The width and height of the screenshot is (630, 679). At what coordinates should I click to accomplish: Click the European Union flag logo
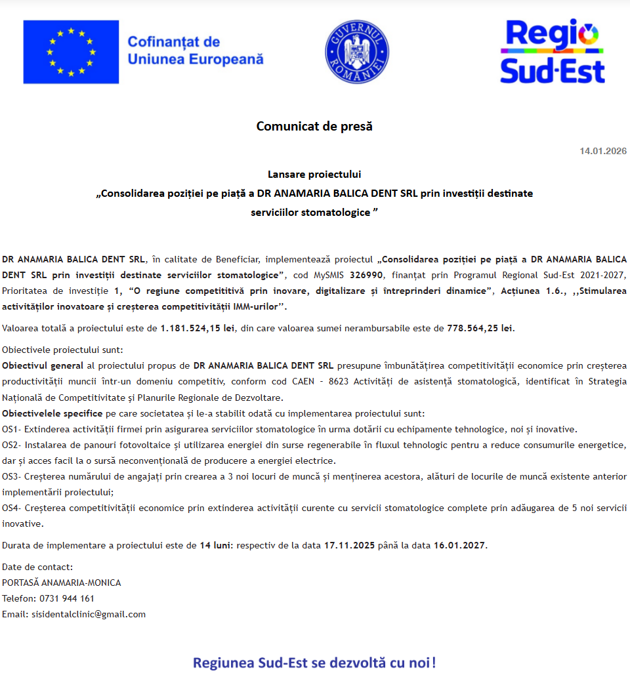click(x=71, y=52)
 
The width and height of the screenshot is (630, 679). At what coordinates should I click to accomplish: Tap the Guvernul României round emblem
click(x=357, y=51)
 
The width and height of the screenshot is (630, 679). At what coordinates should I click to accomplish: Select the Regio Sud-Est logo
click(x=552, y=52)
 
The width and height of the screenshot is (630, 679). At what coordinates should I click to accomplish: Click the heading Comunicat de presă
click(x=314, y=126)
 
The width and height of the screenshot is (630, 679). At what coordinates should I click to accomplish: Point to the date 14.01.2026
click(x=602, y=151)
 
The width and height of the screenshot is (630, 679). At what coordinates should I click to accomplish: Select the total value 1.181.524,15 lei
click(x=197, y=328)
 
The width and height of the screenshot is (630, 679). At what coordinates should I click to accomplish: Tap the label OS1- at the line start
click(x=12, y=429)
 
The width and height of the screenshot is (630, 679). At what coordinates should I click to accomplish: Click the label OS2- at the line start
click(x=12, y=445)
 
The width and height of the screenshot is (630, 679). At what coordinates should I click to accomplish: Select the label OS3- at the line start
click(x=12, y=476)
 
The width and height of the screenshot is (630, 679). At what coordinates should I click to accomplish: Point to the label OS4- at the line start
click(x=12, y=508)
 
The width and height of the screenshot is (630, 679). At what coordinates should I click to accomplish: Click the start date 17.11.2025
click(x=349, y=545)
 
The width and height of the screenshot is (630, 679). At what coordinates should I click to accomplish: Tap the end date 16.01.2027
click(x=459, y=545)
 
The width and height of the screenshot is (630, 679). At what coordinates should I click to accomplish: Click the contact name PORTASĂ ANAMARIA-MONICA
click(x=62, y=583)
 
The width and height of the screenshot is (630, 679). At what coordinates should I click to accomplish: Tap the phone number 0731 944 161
click(x=67, y=598)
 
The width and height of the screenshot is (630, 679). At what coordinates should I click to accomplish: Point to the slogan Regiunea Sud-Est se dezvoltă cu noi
click(x=314, y=662)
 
